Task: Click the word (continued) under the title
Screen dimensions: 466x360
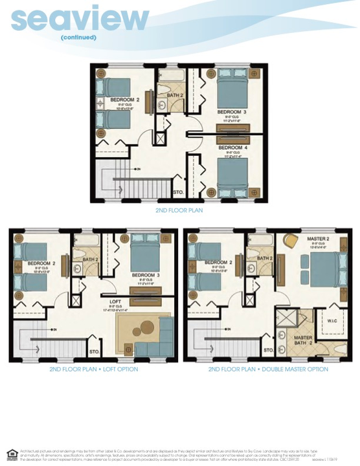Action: tap(78, 37)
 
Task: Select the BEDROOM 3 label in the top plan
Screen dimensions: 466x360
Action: tap(232, 112)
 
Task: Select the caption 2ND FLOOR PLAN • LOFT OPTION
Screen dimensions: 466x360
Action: tap(93, 370)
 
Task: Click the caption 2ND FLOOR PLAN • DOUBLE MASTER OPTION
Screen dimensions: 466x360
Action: tap(268, 370)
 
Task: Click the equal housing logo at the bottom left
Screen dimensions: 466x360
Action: tap(11, 454)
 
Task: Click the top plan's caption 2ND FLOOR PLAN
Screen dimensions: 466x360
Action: tap(179, 211)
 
